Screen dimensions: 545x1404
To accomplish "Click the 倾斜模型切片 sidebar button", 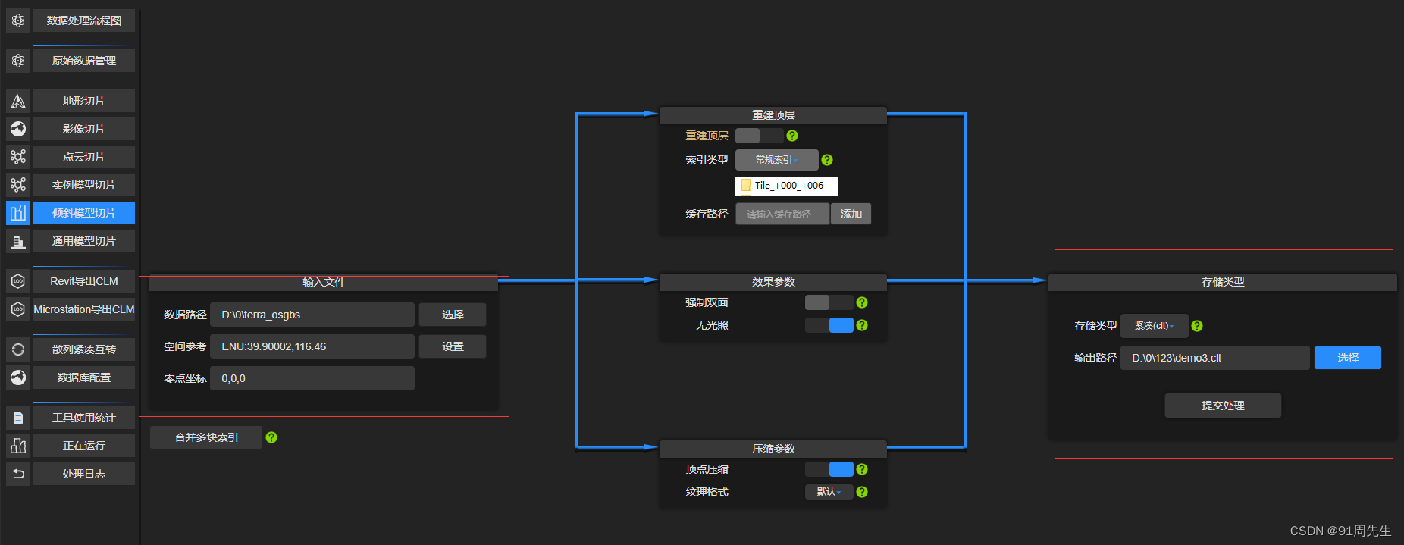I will click(83, 213).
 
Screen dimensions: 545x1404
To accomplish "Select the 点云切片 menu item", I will click(83, 157).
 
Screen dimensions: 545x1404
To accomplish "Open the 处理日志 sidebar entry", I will click(83, 474).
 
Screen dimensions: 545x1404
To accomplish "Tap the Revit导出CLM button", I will click(83, 281).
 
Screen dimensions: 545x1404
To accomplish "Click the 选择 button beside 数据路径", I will click(453, 315).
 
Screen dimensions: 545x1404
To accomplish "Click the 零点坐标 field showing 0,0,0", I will click(312, 378).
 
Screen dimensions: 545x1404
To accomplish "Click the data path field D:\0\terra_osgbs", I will click(312, 315).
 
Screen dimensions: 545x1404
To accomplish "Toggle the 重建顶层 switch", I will click(759, 136).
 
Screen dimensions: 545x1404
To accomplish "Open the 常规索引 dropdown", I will click(776, 160).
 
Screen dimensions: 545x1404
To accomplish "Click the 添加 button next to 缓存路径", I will click(851, 214).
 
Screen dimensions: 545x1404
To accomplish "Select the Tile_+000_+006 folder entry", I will click(787, 186).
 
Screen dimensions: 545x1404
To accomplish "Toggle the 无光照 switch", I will click(829, 325).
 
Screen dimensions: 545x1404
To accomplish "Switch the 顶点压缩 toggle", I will click(829, 469).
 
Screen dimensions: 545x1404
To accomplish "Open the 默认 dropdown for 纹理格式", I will click(829, 492).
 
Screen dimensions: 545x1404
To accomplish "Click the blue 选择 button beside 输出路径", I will click(1347, 358).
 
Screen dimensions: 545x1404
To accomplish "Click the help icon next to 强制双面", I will click(862, 302).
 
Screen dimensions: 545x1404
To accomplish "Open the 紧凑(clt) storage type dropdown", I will click(1154, 326).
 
